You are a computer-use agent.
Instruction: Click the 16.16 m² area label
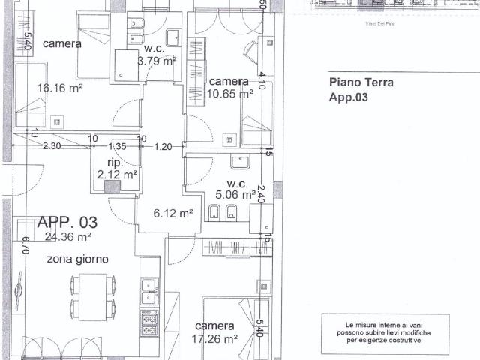(60, 88)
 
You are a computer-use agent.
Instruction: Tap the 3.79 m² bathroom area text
(157, 61)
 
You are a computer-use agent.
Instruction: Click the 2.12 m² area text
(117, 175)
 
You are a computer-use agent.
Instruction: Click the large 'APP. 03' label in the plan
(67, 222)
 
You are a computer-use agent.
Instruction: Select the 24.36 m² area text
(67, 237)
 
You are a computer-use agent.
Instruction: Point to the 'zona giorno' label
(78, 259)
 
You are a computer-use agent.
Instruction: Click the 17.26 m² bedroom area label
(215, 338)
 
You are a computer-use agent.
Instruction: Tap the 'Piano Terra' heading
(361, 83)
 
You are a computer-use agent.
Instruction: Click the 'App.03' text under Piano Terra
(349, 97)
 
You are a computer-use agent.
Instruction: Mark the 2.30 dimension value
(51, 147)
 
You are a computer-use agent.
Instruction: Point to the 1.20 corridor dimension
(163, 147)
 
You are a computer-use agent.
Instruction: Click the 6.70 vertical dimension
(25, 247)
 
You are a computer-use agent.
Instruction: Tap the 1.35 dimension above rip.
(118, 147)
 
